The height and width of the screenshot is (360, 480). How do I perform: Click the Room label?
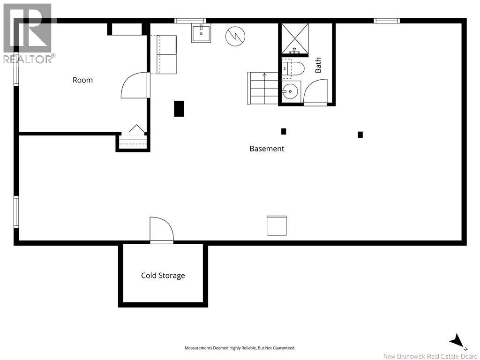click(82, 80)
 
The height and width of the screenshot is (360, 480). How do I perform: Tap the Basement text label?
click(267, 149)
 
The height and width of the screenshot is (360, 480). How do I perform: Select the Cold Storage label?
click(163, 276)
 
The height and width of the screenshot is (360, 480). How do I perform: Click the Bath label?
click(318, 65)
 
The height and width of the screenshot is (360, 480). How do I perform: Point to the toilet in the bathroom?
click(292, 68)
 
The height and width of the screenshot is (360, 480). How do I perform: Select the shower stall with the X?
click(295, 38)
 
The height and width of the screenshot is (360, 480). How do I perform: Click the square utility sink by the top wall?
click(201, 33)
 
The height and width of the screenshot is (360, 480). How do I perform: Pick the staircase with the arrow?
click(262, 88)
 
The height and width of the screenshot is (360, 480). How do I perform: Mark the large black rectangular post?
click(179, 109)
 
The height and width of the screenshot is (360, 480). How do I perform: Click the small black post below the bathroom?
click(284, 131)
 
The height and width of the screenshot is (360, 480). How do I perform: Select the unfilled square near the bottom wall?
click(277, 225)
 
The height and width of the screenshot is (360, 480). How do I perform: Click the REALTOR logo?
click(28, 33)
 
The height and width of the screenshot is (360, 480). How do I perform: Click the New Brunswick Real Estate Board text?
click(430, 356)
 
